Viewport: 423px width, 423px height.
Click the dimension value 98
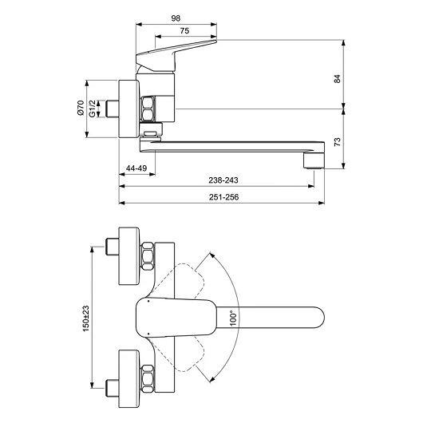[x=176, y=18]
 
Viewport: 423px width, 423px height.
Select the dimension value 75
[x=184, y=31]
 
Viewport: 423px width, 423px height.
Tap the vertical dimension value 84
[x=338, y=79]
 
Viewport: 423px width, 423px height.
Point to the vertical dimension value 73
[x=338, y=142]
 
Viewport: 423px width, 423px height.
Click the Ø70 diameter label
[x=81, y=108]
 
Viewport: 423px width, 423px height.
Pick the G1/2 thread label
[x=93, y=109]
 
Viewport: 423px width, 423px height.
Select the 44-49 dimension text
[x=136, y=168]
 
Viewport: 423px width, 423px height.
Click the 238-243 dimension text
[x=223, y=180]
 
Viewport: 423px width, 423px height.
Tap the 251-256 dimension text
[x=224, y=197]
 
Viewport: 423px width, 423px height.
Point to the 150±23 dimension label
[x=85, y=318]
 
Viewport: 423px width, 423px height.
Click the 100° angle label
[x=234, y=318]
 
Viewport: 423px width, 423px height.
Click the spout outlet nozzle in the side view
[x=314, y=160]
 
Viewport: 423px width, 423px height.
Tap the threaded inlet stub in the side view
[x=113, y=109]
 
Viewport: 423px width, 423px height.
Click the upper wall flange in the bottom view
[x=129, y=256]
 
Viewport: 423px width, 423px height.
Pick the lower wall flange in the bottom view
[x=129, y=379]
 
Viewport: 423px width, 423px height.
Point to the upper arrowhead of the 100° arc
[x=212, y=255]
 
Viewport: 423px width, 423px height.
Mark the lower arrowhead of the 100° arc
[x=212, y=380]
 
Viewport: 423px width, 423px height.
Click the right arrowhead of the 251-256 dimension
[x=321, y=203]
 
